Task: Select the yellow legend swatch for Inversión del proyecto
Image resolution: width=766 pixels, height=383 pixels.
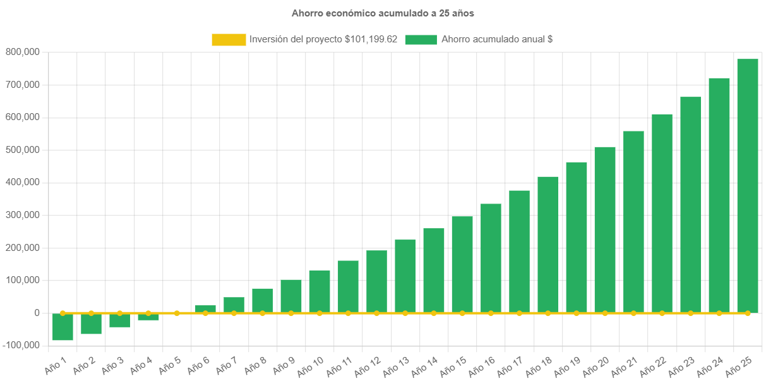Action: pos(229,39)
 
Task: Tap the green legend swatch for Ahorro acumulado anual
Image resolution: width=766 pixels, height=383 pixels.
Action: pos(421,39)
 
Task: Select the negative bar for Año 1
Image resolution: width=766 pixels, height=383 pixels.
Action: pos(63,327)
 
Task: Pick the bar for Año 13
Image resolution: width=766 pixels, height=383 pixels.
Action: pos(405,276)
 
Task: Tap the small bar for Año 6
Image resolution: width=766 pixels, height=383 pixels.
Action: pos(205,309)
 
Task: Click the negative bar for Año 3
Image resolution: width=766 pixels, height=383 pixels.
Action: pos(119,320)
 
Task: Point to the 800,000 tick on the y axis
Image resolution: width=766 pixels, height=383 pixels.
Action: pos(23,52)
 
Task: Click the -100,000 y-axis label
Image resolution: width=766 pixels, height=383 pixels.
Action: pos(21,345)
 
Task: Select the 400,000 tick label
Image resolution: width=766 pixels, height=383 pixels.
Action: pos(23,182)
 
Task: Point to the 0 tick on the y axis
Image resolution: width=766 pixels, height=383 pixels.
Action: pos(37,313)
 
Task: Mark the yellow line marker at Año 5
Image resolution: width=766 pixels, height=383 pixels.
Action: pos(177,313)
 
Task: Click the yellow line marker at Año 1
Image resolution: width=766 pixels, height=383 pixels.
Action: pos(63,313)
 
